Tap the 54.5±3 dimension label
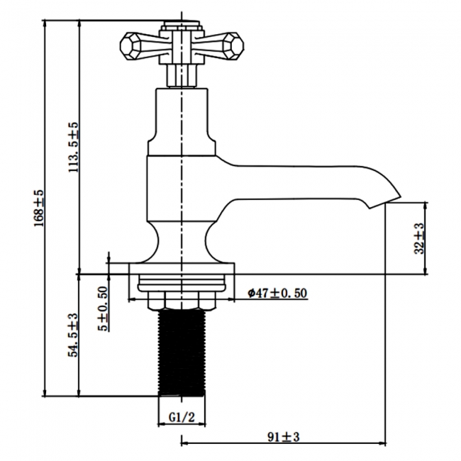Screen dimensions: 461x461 (x=73, y=335)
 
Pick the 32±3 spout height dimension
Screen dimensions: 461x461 (x=419, y=238)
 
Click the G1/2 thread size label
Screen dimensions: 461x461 (x=183, y=418)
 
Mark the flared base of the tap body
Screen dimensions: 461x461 (x=183, y=245)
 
